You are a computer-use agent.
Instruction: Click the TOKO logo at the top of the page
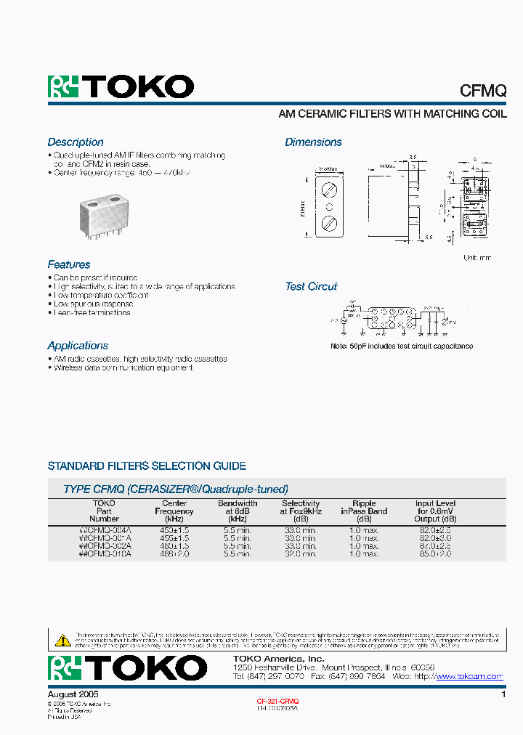121,87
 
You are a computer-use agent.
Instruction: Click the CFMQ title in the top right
483,90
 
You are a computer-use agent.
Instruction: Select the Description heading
76,142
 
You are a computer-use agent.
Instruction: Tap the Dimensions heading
313,142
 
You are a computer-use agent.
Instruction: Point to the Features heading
69,265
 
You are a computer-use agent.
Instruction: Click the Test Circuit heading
311,287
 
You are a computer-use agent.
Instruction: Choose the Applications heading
78,346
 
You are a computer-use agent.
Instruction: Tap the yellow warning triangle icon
63,641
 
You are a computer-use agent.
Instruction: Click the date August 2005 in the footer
73,695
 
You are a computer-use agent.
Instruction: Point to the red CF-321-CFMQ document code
277,702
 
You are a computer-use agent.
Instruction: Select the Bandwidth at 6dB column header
238,511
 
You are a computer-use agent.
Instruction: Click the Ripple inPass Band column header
364,511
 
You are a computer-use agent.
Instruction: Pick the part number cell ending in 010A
105,553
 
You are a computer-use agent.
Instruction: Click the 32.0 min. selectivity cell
300,553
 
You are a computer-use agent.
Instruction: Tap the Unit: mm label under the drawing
477,258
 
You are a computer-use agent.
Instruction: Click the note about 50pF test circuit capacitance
402,346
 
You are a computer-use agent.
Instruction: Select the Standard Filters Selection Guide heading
147,466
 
